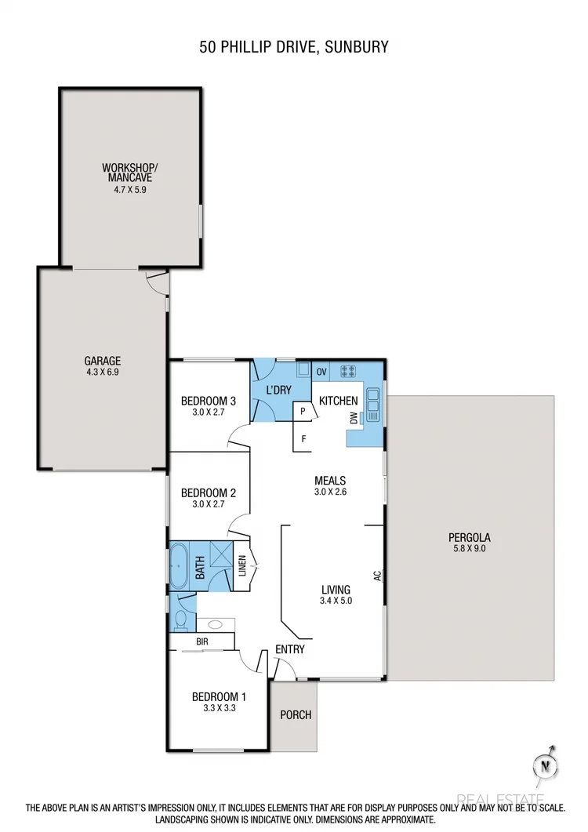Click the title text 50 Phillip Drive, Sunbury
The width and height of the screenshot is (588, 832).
click(x=293, y=48)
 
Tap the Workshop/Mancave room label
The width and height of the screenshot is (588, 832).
click(x=130, y=173)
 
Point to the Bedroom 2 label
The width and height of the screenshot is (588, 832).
click(x=208, y=493)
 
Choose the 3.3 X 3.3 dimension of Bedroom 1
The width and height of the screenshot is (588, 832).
click(x=220, y=707)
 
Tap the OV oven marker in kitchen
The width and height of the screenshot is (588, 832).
click(x=321, y=371)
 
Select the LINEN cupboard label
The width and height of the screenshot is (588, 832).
click(x=242, y=565)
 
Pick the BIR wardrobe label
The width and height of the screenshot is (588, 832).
click(x=201, y=641)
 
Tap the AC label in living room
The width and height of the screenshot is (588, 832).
click(x=377, y=576)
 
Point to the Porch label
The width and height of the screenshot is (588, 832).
click(x=295, y=714)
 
